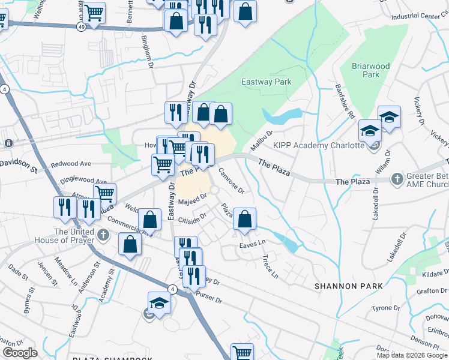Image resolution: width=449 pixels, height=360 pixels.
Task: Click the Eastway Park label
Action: (x=266, y=82)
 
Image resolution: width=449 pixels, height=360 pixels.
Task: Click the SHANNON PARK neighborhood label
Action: (x=341, y=286)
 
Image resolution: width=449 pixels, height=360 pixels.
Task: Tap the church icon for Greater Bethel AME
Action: (x=397, y=179)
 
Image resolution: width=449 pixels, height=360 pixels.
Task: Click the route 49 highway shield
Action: (x=81, y=27)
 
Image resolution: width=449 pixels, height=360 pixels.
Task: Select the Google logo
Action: (x=20, y=352)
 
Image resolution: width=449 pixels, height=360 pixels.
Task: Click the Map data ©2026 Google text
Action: (x=412, y=355)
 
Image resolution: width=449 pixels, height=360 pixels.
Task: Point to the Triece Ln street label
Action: (x=270, y=265)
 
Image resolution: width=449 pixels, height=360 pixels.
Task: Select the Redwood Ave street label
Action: (x=71, y=163)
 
